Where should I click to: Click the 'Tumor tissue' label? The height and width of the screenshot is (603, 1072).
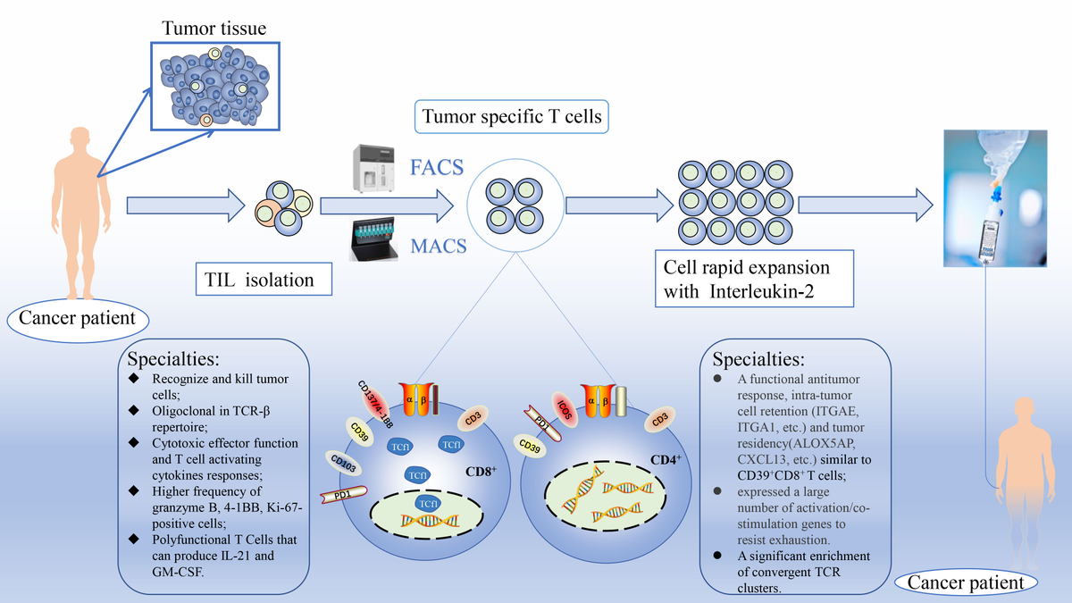214,29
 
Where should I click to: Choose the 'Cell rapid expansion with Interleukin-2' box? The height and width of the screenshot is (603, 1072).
747,280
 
